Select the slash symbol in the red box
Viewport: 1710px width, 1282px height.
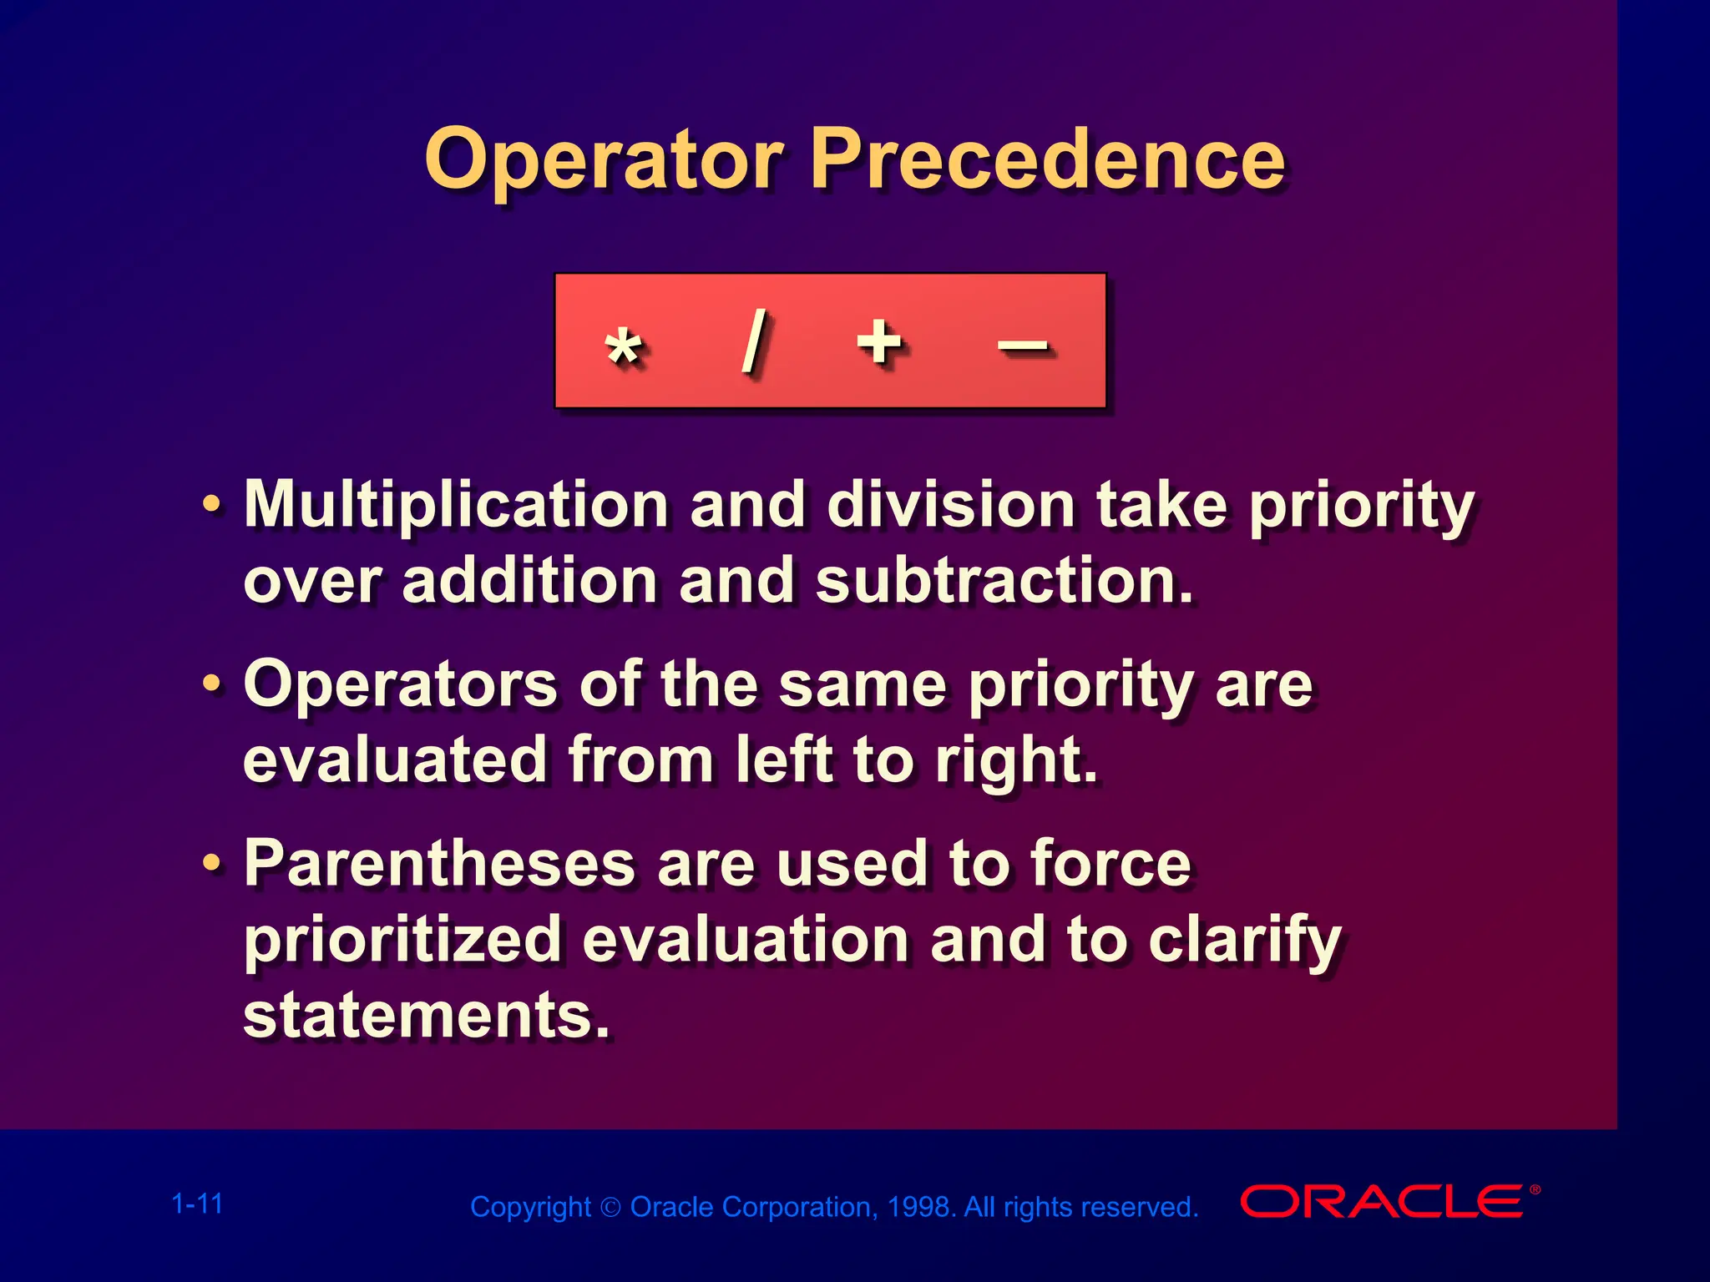click(754, 341)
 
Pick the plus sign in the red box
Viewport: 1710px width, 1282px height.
click(879, 341)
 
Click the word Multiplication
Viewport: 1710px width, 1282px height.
click(456, 505)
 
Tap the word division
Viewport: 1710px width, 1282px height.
click(950, 505)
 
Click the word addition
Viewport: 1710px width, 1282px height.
click(529, 581)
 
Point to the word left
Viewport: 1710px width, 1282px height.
click(784, 760)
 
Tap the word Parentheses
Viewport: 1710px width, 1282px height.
click(439, 864)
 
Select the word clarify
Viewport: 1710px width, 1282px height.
click(1244, 941)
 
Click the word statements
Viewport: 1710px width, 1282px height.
click(426, 1016)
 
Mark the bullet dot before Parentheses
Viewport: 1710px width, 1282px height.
click(213, 864)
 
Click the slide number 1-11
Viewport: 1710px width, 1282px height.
click(197, 1204)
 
